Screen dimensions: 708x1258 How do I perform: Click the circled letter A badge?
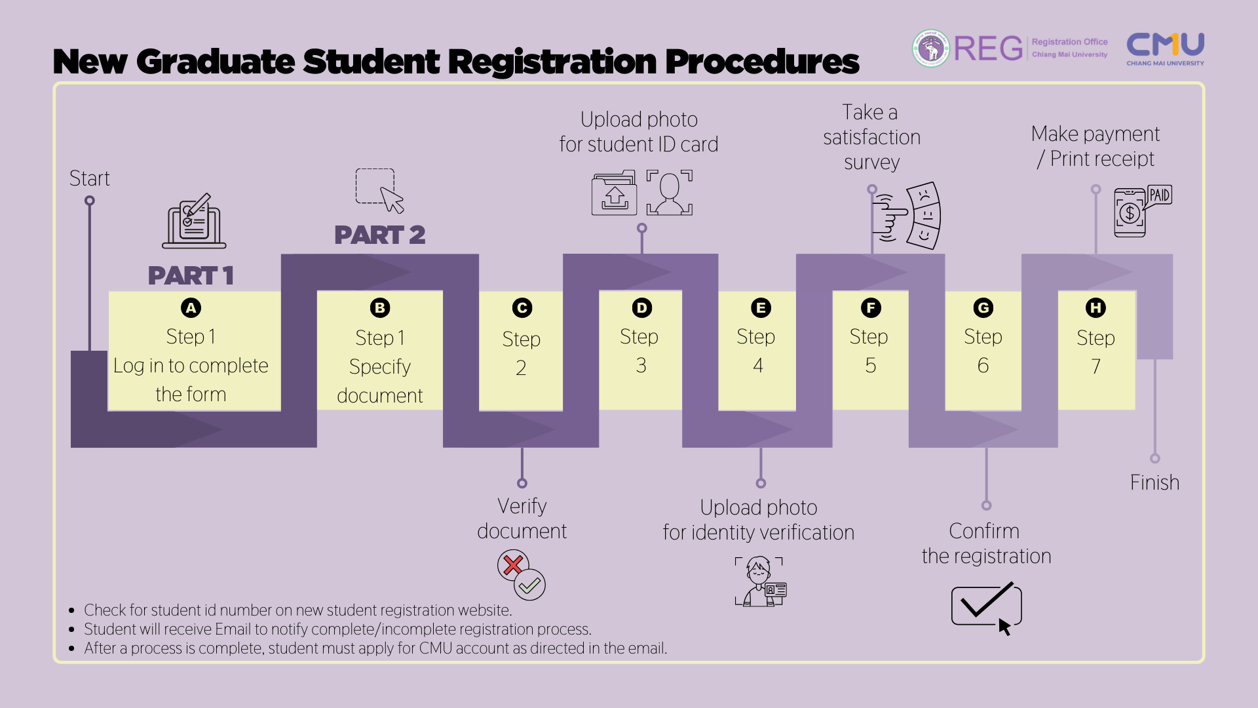point(191,307)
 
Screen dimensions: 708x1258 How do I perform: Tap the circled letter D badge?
point(641,307)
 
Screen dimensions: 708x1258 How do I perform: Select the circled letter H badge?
point(1096,307)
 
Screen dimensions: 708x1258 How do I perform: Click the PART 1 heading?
point(191,275)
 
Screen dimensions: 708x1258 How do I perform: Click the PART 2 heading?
point(379,235)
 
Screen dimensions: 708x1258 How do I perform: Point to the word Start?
point(90,178)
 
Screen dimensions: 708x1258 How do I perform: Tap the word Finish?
point(1154,482)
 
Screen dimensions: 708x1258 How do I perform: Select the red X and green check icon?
point(522,575)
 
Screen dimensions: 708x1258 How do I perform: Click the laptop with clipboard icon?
point(194,221)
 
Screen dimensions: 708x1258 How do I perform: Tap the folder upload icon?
point(614,193)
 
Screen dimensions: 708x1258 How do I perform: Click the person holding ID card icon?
point(760,581)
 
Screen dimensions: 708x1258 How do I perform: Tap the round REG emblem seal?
point(931,48)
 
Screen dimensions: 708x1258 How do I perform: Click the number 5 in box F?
point(870,365)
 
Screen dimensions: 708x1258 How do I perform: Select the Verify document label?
point(522,518)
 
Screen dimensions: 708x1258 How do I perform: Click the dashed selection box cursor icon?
point(379,190)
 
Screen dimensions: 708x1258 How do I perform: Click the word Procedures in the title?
point(761,62)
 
